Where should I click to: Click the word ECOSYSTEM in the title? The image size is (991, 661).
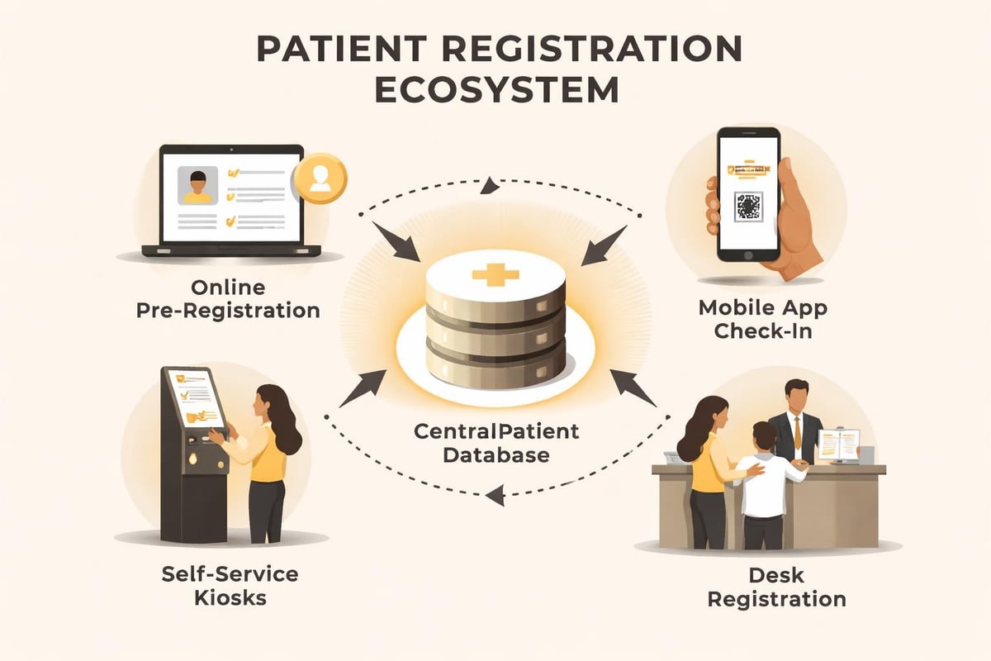click(x=495, y=89)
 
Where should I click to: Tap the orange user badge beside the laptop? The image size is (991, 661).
click(x=320, y=178)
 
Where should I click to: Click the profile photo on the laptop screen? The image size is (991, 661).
click(x=198, y=185)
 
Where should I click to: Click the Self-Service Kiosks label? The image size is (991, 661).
click(x=220, y=585)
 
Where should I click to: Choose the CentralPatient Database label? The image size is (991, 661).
click(x=497, y=442)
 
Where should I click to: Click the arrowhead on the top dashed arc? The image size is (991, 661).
click(x=491, y=186)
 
